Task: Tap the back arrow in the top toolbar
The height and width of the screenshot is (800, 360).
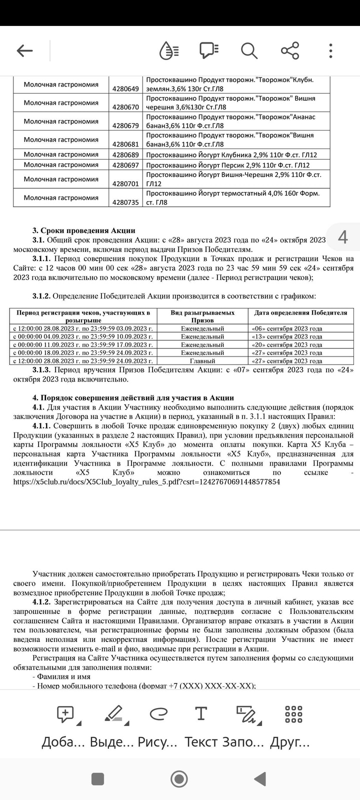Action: tap(24, 50)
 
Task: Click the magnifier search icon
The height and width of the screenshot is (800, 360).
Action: tap(248, 50)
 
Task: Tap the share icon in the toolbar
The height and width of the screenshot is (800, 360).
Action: tap(289, 50)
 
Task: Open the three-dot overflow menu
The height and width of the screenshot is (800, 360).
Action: tap(330, 50)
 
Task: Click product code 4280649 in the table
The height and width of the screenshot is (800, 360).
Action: tap(125, 88)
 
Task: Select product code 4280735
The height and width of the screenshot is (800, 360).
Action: tap(125, 202)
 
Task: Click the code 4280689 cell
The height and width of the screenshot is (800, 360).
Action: tap(125, 155)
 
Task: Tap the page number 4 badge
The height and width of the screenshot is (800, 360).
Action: tap(343, 236)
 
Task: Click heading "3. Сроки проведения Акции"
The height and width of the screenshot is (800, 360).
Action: tap(84, 230)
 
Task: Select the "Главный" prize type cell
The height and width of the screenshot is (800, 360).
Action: tap(202, 360)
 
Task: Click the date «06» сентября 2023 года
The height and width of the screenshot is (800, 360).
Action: tap(287, 328)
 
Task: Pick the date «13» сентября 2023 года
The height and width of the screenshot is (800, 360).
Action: tap(287, 336)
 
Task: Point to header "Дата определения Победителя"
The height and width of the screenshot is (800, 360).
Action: tap(300, 313)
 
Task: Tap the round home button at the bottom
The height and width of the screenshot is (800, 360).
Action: tap(179, 778)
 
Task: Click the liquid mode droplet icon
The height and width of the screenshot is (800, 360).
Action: tap(168, 50)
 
